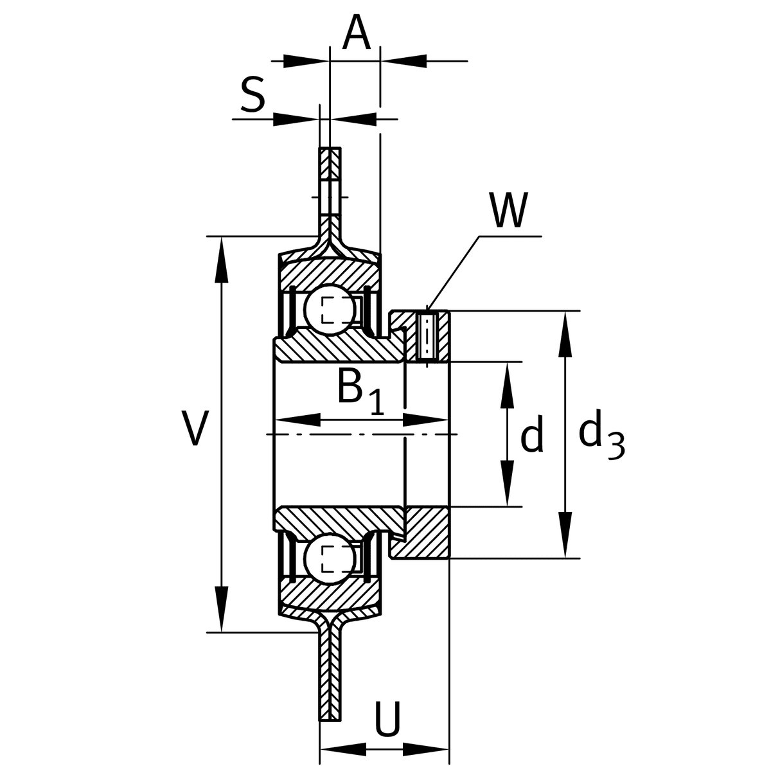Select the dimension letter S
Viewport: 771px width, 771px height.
click(x=253, y=95)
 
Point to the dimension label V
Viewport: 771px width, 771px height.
click(x=194, y=429)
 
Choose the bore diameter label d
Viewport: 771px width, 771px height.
click(x=531, y=435)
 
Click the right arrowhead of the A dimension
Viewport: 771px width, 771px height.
click(x=405, y=62)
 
